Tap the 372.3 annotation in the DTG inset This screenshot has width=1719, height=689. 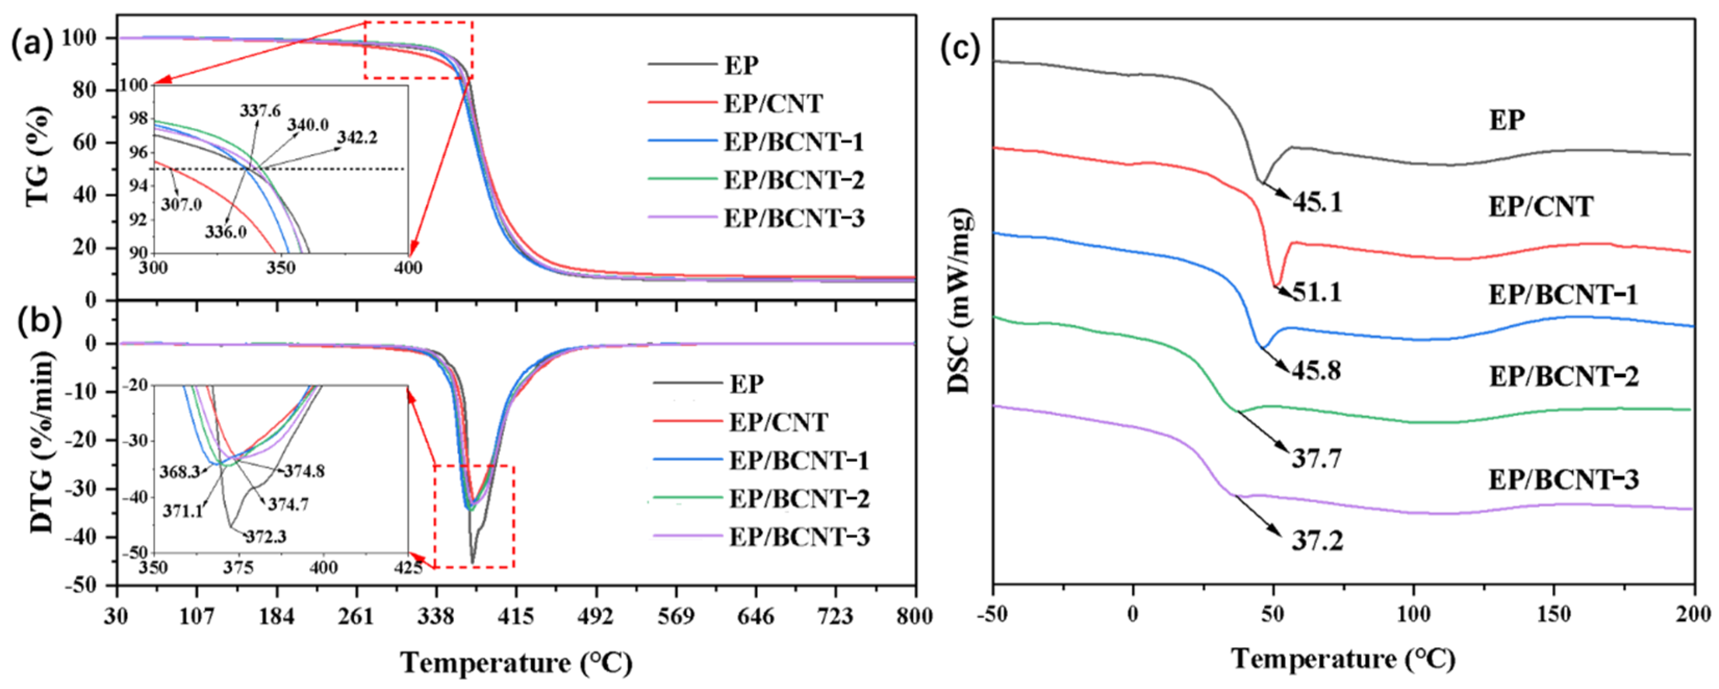coord(266,536)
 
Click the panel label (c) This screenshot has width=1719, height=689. coord(961,48)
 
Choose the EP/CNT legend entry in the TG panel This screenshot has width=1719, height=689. coord(774,104)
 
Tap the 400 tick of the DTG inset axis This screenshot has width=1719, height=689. coord(324,568)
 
